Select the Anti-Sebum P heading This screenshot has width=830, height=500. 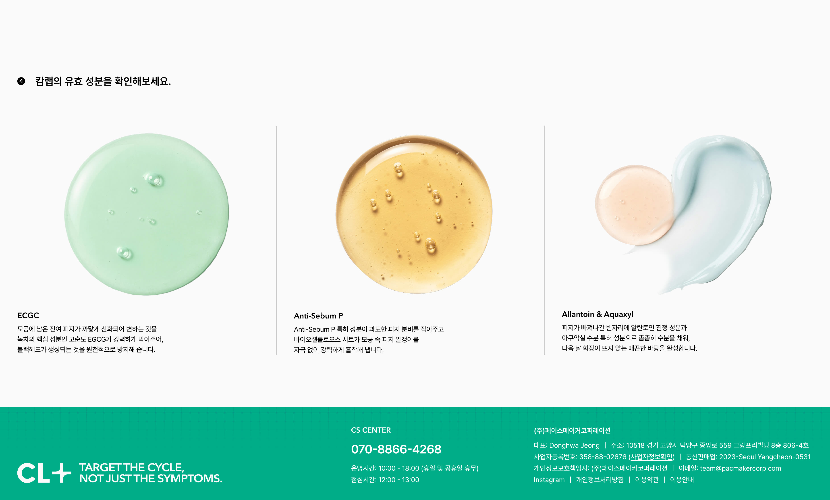pos(318,316)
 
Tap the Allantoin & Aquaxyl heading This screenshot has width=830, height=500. pos(597,314)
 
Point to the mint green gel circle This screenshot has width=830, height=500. pos(146,214)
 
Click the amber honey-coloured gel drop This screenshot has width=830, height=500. pos(414,214)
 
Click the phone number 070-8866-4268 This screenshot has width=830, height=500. pos(396,449)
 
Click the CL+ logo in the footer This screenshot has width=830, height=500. pos(44,473)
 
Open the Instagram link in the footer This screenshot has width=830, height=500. pos(549,480)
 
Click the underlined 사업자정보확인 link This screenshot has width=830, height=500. pos(652,457)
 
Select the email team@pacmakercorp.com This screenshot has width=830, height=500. pos(741,468)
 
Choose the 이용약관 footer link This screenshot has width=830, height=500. pos(647,480)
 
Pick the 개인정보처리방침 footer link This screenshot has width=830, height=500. pos(600,480)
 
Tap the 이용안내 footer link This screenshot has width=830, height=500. pos(682,480)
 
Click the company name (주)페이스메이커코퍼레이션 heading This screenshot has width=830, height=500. pos(572,431)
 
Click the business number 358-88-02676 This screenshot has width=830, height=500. pos(603,457)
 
